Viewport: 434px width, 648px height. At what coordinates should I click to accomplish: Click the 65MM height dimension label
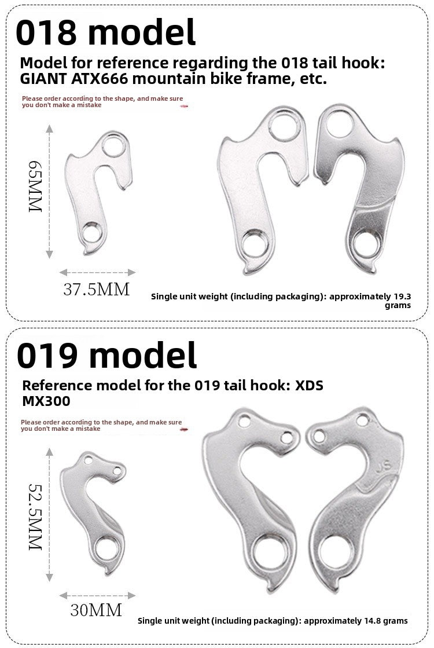35,186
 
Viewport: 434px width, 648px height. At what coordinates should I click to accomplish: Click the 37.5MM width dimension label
97,290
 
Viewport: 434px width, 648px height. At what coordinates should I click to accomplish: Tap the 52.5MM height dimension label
35,517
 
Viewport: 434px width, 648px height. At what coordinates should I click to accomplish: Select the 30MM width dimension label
96,610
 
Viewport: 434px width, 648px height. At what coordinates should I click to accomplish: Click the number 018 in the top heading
46,32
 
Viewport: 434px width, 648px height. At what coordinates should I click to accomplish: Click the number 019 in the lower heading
47,356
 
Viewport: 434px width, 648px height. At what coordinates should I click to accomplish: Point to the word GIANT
44,79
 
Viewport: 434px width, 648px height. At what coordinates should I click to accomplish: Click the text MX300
46,401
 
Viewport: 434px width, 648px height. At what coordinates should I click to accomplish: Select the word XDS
309,385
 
